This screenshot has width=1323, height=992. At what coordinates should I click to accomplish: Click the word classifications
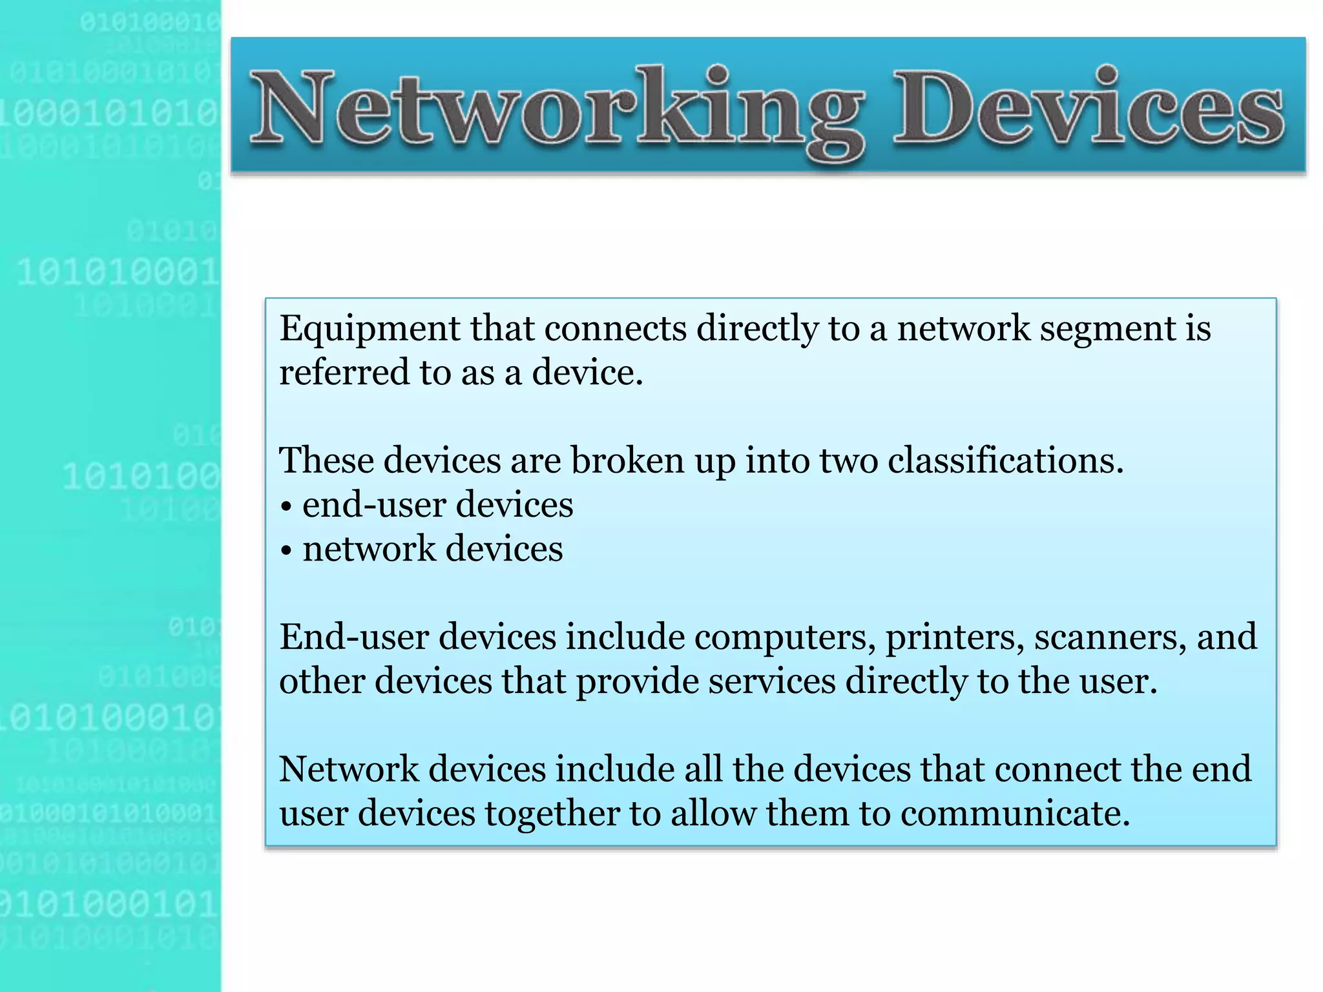pyautogui.click(x=1005, y=461)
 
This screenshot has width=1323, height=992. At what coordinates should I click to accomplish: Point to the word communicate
pyautogui.click(x=1015, y=814)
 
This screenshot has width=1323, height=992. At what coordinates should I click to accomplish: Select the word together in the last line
pyautogui.click(x=552, y=814)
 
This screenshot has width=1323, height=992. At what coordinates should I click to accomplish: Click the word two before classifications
pyautogui.click(x=849, y=461)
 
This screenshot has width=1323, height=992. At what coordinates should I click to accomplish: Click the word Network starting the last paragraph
pyautogui.click(x=349, y=770)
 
